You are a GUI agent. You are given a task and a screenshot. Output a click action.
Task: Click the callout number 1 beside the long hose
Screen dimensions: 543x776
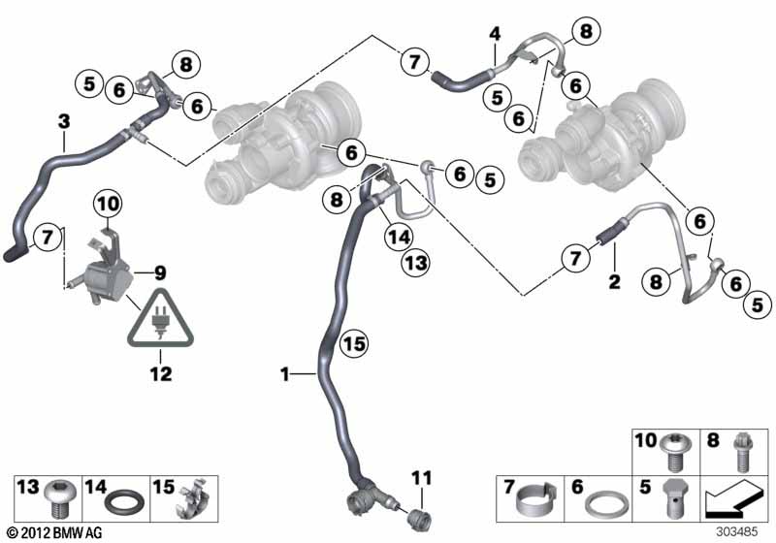283,372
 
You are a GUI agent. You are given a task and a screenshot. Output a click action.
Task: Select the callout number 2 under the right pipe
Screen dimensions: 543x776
613,281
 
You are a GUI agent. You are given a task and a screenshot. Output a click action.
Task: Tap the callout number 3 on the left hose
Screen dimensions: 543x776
64,121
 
